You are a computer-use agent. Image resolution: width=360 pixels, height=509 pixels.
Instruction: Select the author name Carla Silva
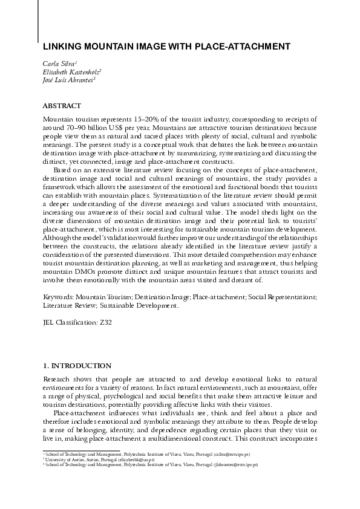tap(58, 63)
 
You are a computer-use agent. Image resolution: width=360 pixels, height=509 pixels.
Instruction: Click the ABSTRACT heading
tap(64, 105)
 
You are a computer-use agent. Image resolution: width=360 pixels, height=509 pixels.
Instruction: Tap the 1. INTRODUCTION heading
tap(77, 366)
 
